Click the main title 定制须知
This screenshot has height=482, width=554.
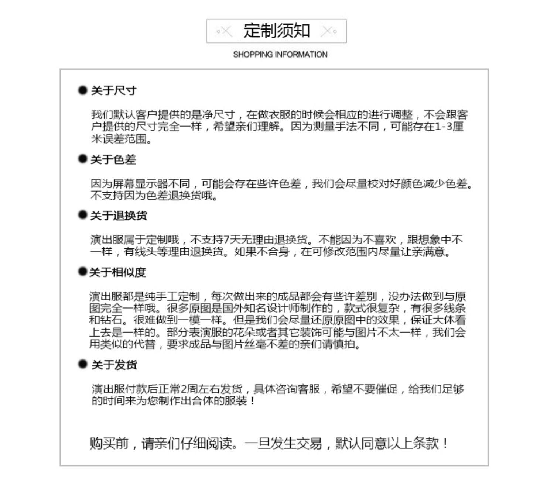click(x=276, y=31)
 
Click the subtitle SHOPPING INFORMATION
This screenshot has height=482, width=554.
click(x=280, y=55)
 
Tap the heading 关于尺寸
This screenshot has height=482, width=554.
click(x=114, y=91)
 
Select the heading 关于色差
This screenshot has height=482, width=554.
click(x=113, y=160)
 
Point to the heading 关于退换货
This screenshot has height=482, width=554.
click(x=119, y=216)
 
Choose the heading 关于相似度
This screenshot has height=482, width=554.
click(x=117, y=272)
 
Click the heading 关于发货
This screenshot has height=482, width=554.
click(x=114, y=365)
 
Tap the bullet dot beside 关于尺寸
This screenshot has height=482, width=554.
click(x=82, y=90)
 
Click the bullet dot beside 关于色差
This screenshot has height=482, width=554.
click(x=82, y=159)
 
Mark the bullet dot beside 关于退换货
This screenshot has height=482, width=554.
click(x=82, y=215)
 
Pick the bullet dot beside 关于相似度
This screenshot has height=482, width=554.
click(x=82, y=272)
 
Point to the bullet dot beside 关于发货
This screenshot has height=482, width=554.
click(x=82, y=364)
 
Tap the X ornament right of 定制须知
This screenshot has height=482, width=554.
click(x=328, y=31)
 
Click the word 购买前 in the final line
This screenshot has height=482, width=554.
click(x=109, y=443)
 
